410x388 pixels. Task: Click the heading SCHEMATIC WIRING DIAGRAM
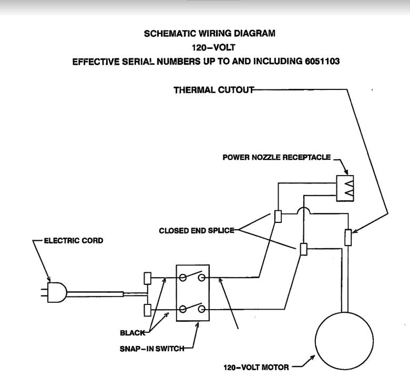[x=209, y=34]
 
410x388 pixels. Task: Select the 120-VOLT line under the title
[x=210, y=47]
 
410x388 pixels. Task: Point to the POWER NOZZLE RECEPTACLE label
[x=276, y=157]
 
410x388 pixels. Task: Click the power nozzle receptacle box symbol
[x=345, y=188]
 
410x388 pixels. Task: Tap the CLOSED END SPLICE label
[x=197, y=230]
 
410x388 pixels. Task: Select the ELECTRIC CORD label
[x=73, y=241]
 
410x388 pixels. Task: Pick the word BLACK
[x=133, y=333]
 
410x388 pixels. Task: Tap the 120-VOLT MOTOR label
[x=254, y=367]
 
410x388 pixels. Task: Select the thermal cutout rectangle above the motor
[x=347, y=237]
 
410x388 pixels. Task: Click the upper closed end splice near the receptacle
[x=279, y=217]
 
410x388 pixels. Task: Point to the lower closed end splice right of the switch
[x=303, y=249]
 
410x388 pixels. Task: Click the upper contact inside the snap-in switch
[x=192, y=277]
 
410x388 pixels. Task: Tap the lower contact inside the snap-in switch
[x=192, y=309]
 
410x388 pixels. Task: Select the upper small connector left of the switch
[x=148, y=278]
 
